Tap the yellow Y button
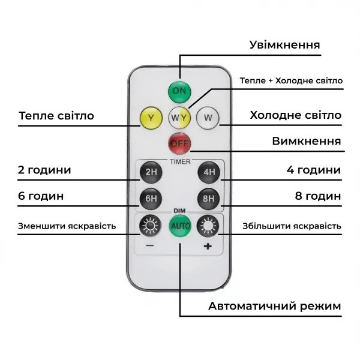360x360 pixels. pos(151,118)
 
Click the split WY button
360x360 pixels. pos(179,118)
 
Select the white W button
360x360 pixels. pos(208,118)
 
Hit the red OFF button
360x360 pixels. pos(179,144)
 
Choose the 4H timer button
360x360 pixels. pos(209,172)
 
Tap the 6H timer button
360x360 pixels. pos(151,199)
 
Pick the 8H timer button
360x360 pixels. pos(209,199)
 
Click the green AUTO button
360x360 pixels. pos(180,226)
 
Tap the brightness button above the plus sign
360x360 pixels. pos(208,226)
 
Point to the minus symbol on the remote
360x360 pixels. pos(149,246)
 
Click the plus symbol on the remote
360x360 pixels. pos(208,247)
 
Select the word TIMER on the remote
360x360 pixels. pos(180,162)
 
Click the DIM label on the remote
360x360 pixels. pos(179,211)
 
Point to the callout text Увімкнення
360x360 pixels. pos(284,45)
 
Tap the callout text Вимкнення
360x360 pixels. pos(307,141)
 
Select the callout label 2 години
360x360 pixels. pos(44,170)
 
